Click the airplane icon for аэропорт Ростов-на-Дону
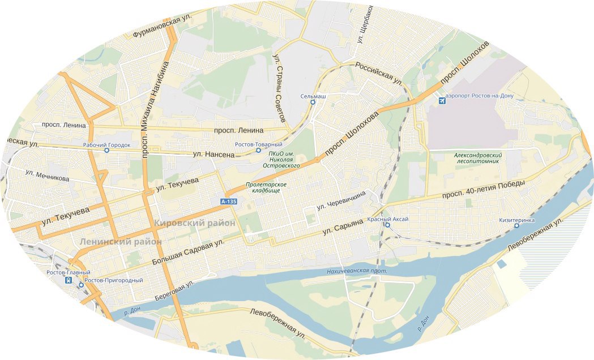click(x=442, y=101)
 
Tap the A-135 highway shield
click(x=229, y=202)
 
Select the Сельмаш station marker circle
click(x=313, y=103)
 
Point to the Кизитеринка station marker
click(x=516, y=226)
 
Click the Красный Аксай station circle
click(x=388, y=225)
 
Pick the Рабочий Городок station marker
click(x=106, y=151)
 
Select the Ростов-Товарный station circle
click(x=258, y=151)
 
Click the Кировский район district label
click(x=194, y=223)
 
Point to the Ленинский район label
click(x=121, y=242)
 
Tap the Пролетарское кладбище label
click(x=266, y=188)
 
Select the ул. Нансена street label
click(x=213, y=154)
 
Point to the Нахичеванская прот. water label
click(x=357, y=271)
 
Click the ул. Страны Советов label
click(x=279, y=88)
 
